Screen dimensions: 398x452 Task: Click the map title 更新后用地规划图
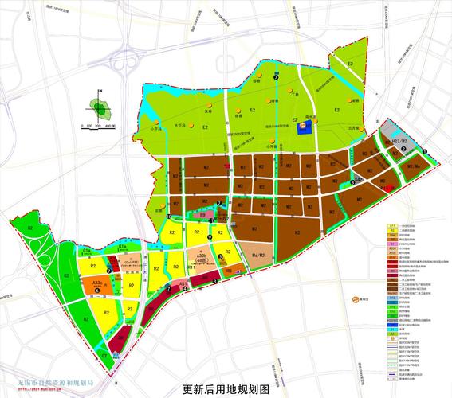coord(226,388)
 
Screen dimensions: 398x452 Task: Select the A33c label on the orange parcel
coord(97,282)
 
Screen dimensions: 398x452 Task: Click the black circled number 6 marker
coord(97,291)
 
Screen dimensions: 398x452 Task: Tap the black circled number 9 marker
coord(210,236)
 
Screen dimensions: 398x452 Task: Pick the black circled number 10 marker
coord(168,216)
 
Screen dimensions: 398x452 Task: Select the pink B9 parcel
coord(202,215)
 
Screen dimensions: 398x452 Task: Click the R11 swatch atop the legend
coord(393,226)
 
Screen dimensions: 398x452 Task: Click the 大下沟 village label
coord(181,125)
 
